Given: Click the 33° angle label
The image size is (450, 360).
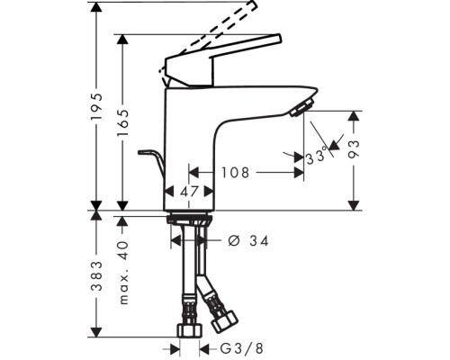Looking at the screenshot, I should point(316,157).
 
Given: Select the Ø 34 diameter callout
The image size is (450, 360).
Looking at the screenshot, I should point(248,240).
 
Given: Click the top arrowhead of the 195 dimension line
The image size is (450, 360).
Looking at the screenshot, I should point(98,6).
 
